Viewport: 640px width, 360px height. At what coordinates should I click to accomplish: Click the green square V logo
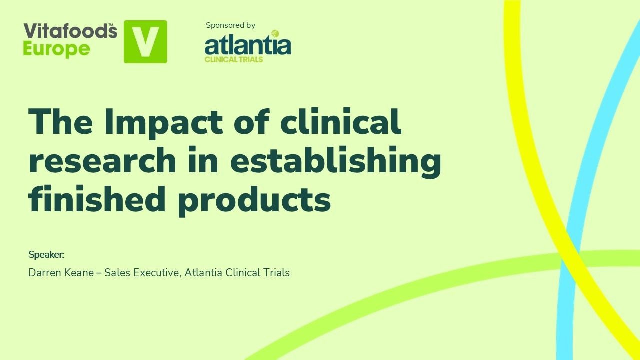(x=145, y=42)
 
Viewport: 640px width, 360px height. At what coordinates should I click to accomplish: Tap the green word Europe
(x=56, y=49)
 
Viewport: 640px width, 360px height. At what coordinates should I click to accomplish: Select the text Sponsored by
(x=230, y=25)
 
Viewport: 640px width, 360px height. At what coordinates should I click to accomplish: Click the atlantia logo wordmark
(x=248, y=45)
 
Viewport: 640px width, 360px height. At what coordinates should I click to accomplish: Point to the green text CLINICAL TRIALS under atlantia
(x=234, y=59)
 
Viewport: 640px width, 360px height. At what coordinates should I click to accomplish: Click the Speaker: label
(x=46, y=255)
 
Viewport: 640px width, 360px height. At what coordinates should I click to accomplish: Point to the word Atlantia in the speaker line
(x=203, y=273)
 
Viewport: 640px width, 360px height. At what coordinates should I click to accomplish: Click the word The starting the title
(x=60, y=122)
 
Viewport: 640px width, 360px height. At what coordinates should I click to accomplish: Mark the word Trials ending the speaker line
(x=276, y=273)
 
